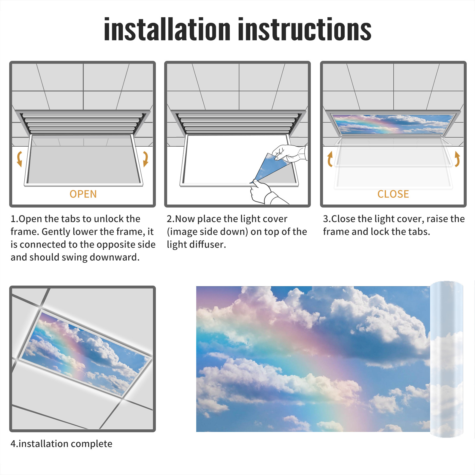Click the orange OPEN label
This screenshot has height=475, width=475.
click(83, 194)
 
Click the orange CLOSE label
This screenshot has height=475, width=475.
click(393, 194)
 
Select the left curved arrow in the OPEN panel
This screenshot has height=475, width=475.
click(19, 159)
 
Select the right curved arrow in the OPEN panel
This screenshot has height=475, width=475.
click(145, 159)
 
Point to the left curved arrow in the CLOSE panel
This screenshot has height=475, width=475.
click(330, 159)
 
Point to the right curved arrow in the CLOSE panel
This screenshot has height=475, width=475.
click(457, 159)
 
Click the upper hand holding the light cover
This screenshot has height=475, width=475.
click(289, 153)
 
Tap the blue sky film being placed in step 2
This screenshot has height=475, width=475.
click(269, 168)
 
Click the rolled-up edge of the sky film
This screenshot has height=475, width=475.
click(446, 359)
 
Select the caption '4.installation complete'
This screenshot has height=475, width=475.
click(61, 444)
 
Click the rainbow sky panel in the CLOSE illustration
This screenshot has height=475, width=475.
click(393, 124)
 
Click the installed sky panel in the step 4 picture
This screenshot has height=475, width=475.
click(86, 353)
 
